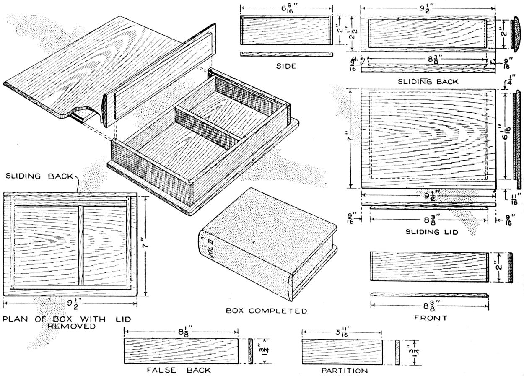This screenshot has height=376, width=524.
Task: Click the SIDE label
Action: (286, 66)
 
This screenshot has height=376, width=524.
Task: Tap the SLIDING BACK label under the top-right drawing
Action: (428, 82)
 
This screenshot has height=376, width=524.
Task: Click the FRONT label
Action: (431, 318)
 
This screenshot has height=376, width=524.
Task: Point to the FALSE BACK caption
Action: (179, 371)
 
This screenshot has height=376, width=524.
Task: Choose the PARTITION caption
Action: (344, 371)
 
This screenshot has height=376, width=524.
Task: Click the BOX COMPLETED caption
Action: (266, 311)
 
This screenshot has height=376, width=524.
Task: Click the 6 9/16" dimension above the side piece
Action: (286, 7)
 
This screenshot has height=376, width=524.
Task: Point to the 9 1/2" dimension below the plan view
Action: (70, 303)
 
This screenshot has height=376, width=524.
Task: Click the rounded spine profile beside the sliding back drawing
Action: (516, 33)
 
